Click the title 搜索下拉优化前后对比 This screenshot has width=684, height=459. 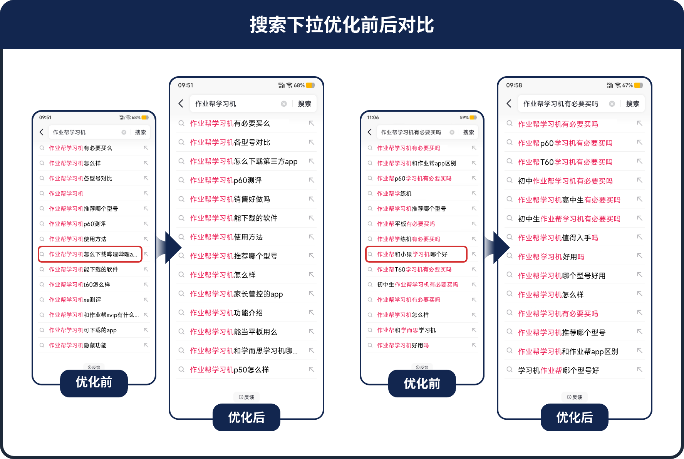click(x=342, y=25)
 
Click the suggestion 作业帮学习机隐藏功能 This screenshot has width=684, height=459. click(x=78, y=345)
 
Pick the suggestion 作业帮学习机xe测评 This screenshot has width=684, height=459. click(x=75, y=300)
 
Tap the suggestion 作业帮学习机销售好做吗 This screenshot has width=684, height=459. click(x=230, y=199)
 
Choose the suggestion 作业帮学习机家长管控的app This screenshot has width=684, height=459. click(x=236, y=294)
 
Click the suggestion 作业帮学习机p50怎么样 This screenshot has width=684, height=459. click(x=230, y=370)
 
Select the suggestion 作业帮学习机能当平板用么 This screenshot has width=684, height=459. click(x=233, y=332)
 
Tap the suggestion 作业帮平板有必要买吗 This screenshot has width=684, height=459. click(x=406, y=224)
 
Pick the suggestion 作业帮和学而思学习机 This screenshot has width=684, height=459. click(x=406, y=330)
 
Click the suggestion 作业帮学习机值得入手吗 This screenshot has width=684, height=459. click(x=558, y=238)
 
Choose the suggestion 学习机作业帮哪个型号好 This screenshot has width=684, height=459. click(x=558, y=370)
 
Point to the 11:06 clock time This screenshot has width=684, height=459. click(x=373, y=117)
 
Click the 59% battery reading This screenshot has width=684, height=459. click(x=464, y=117)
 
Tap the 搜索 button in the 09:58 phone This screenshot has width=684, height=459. click(x=632, y=104)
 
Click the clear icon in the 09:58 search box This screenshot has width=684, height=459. click(x=612, y=104)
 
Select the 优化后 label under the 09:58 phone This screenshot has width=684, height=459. click(x=574, y=417)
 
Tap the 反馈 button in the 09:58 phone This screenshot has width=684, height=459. click(x=575, y=397)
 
